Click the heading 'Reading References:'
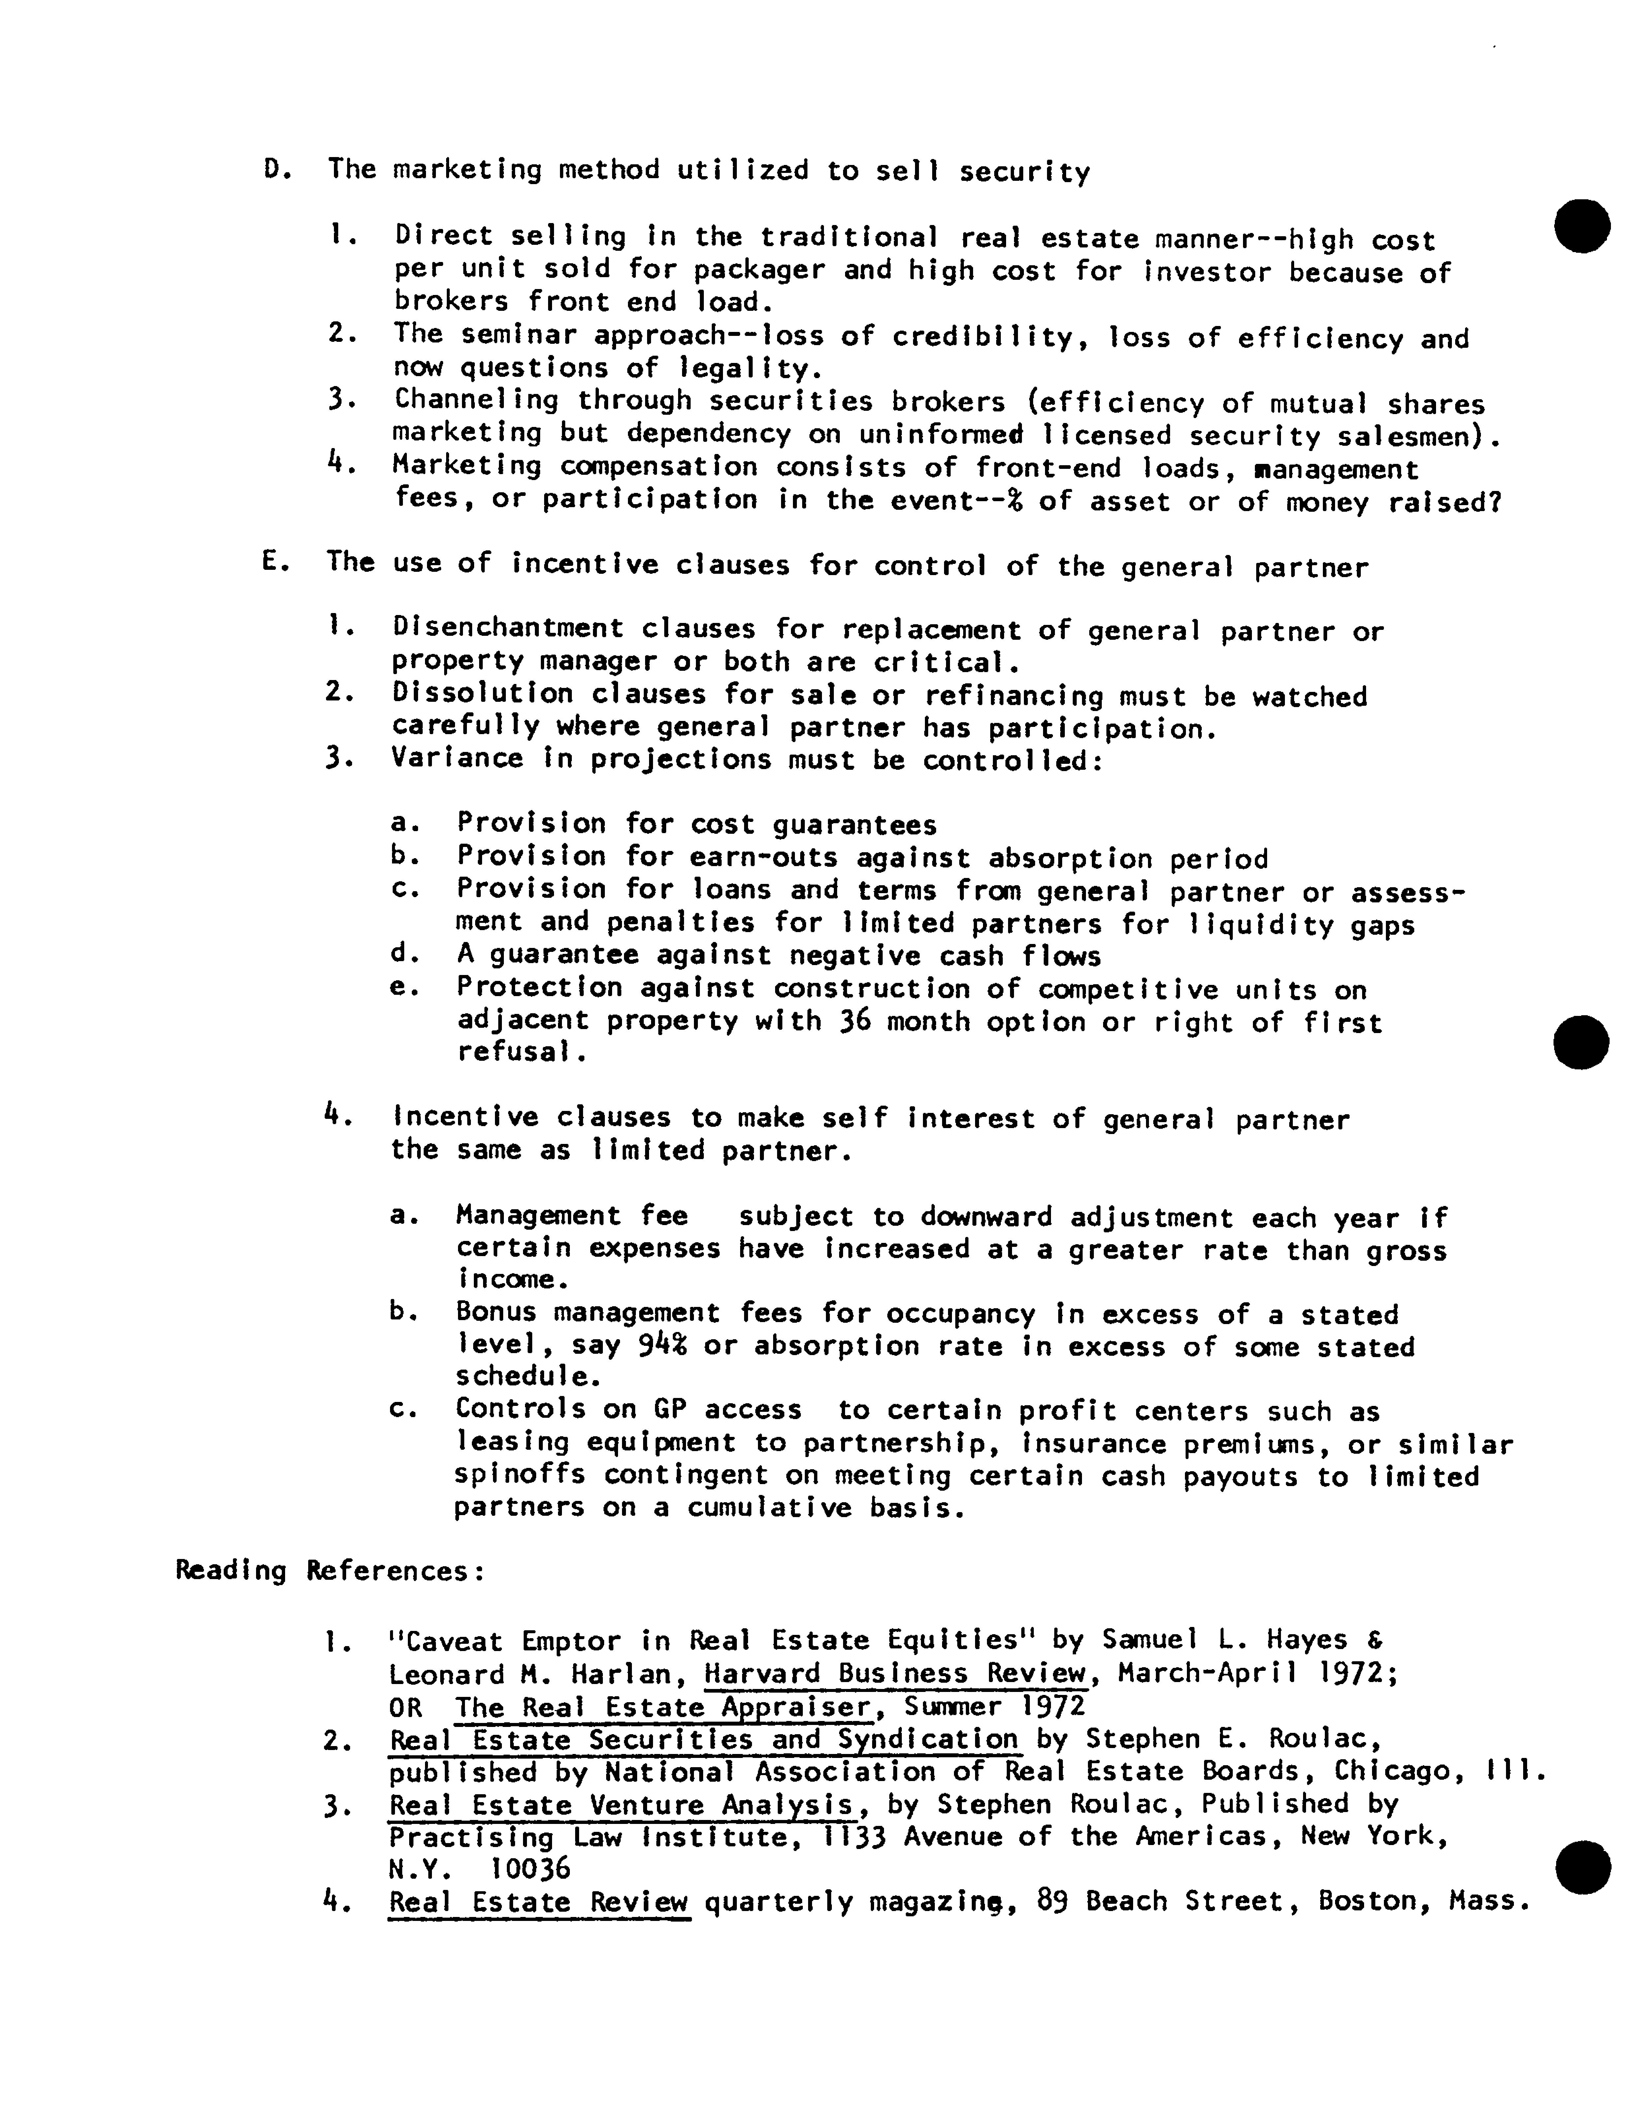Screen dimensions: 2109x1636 328,1571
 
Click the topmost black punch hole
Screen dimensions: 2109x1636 1582,226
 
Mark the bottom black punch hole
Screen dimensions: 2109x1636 1584,1867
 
